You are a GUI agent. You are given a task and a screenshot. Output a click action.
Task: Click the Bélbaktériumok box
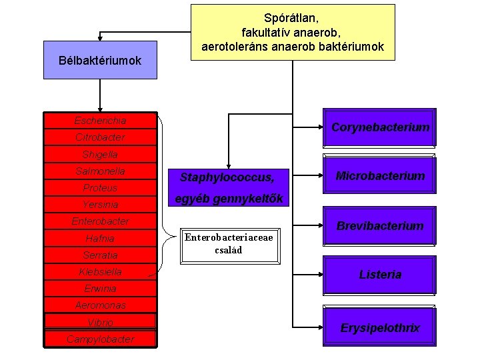[100, 60]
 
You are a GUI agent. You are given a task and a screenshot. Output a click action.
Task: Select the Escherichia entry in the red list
[100, 121]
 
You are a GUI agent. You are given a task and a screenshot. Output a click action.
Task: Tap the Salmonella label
[100, 171]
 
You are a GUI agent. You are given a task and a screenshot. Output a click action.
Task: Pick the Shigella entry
[100, 155]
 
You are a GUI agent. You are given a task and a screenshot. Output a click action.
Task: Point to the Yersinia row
[100, 205]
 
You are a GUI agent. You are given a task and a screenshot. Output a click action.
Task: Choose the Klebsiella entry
[100, 272]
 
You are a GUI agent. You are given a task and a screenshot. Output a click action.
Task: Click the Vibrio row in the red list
[100, 322]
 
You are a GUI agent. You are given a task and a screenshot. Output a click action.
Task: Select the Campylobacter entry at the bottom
[100, 339]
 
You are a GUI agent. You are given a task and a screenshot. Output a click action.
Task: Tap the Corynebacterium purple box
[379, 127]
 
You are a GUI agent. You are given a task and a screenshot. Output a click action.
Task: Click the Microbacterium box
[379, 177]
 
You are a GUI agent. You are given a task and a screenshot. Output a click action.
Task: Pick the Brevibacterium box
[379, 226]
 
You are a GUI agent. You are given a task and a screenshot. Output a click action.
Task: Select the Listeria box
[379, 275]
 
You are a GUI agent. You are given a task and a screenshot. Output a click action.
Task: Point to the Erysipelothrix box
[379, 327]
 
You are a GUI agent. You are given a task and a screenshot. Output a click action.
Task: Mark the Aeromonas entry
[100, 305]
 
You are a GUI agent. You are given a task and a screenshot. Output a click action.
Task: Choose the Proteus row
[100, 188]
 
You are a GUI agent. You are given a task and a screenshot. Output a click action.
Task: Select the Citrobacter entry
[100, 137]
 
